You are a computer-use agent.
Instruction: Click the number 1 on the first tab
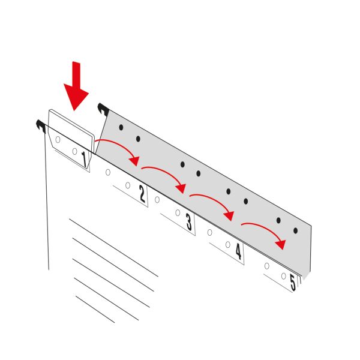click(84, 160)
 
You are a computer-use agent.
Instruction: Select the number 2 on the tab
click(142, 194)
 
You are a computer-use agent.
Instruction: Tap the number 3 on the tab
click(189, 222)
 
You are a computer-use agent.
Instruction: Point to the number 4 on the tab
click(239, 251)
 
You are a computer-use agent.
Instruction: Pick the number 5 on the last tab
click(293, 283)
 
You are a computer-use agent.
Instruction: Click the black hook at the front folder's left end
click(41, 125)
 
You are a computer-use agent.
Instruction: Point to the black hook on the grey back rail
click(103, 109)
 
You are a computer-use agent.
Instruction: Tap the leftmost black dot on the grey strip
click(121, 127)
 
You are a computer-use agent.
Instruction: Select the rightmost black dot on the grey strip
click(295, 230)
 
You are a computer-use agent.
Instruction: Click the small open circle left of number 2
click(128, 185)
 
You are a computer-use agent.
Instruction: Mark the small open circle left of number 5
click(284, 276)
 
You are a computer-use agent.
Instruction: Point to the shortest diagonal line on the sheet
click(95, 309)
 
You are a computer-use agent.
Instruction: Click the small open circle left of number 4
click(228, 245)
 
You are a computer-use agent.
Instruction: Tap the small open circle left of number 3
click(178, 213)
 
